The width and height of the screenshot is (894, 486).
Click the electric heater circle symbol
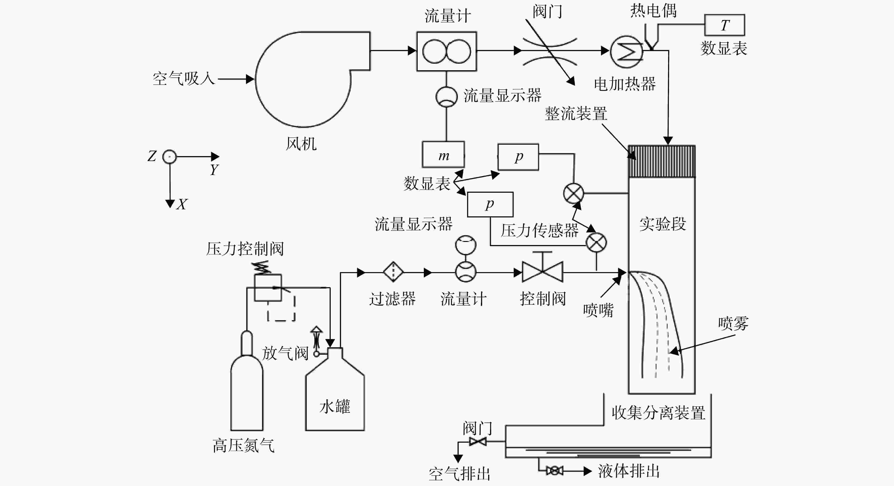pos(627,51)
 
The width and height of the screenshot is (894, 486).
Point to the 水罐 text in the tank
pos(335,406)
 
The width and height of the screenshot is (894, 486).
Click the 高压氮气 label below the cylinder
pos(244,445)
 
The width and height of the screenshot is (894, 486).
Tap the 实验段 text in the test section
pos(662,224)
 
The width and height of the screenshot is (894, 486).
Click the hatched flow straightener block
pos(662,162)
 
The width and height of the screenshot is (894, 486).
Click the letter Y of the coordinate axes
pos(214,170)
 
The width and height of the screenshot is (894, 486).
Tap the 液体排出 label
pos(628,471)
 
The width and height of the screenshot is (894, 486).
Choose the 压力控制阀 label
pos(245,249)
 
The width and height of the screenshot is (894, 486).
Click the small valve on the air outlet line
pos(478,442)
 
